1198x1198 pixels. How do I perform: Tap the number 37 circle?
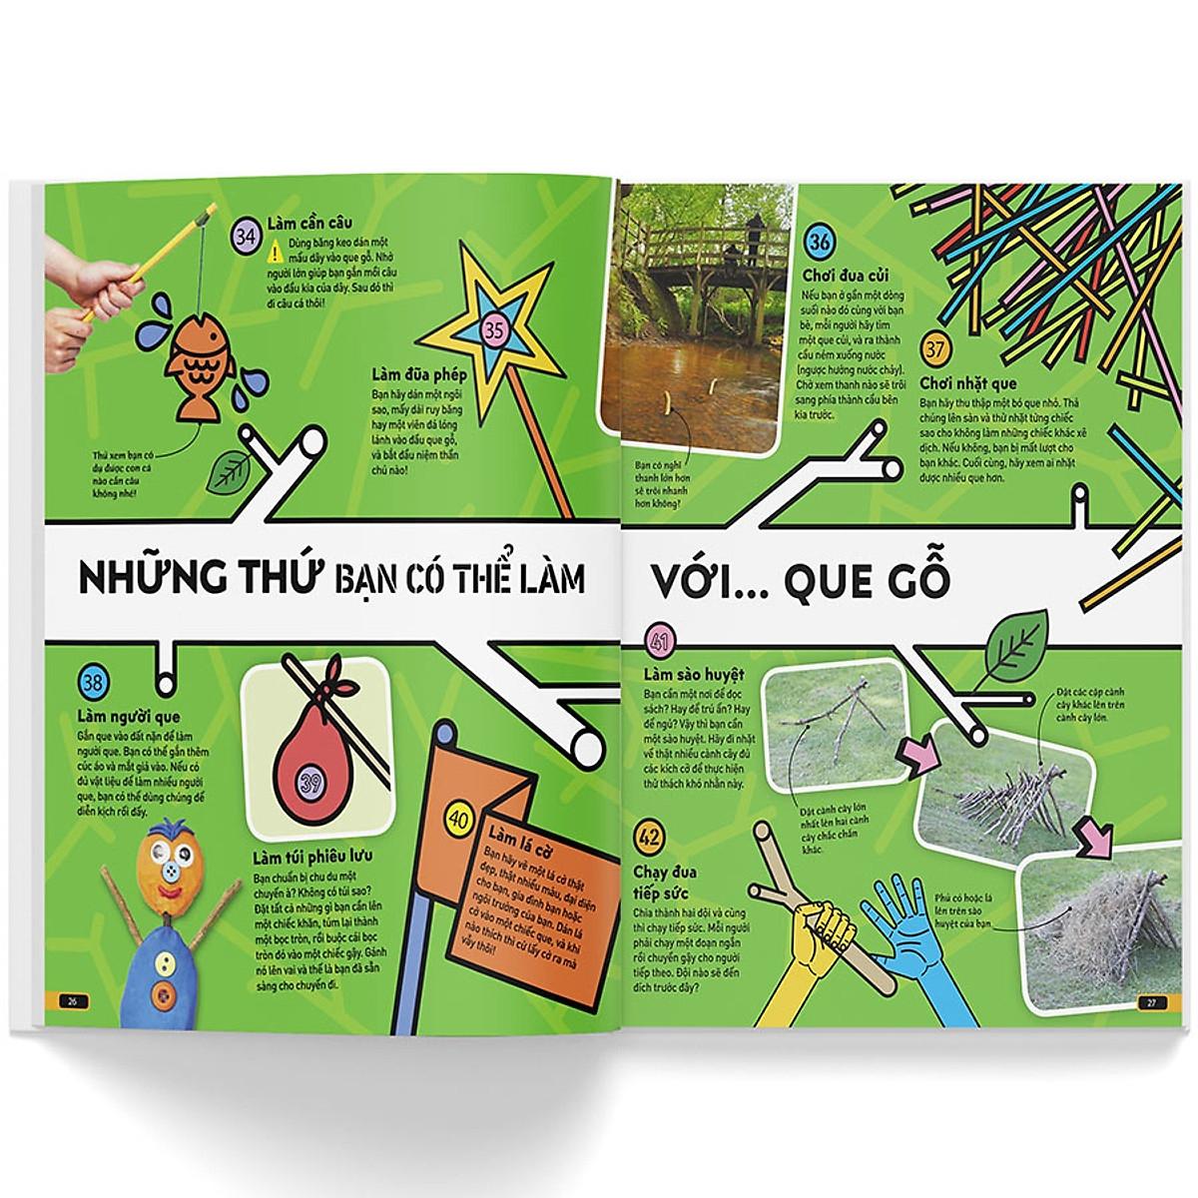(936, 351)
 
